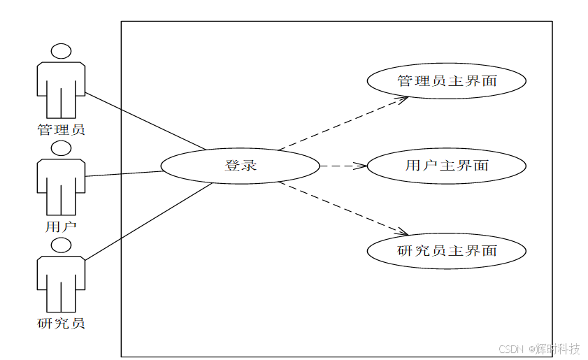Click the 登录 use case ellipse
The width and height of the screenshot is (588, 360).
[240, 166]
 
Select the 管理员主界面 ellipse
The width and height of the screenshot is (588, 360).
[446, 81]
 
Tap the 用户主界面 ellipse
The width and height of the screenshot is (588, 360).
[446, 166]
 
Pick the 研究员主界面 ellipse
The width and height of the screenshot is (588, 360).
[446, 250]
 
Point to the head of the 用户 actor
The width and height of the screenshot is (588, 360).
[62, 148]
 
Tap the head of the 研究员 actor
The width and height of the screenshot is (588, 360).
[62, 245]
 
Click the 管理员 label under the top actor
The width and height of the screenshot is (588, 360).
[62, 129]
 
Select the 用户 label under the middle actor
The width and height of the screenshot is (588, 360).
[62, 226]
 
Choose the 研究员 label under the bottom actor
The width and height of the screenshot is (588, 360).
[62, 324]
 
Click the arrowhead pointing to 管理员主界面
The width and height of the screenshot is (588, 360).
[403, 99]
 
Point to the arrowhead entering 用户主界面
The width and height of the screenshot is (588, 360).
[361, 166]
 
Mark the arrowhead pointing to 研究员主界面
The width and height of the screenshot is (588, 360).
[403, 232]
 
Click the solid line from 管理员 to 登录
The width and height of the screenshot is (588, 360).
[145, 120]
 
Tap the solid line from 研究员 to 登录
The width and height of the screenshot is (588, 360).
[147, 222]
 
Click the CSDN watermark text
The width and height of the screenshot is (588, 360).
[512, 348]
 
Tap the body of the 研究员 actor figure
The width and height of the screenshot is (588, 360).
[62, 283]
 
